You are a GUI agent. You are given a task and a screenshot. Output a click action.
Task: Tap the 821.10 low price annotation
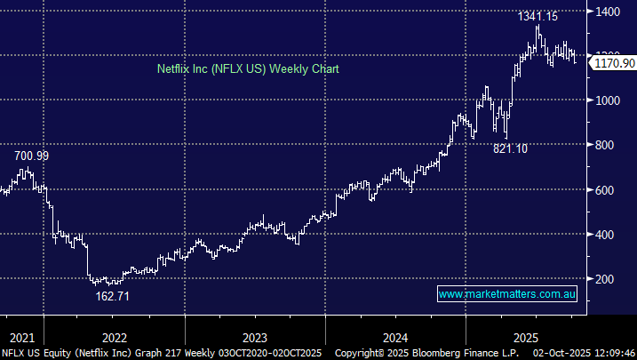[511, 148]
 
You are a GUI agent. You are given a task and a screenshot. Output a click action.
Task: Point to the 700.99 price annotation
[31, 156]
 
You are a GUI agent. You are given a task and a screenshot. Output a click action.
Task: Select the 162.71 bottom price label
[113, 296]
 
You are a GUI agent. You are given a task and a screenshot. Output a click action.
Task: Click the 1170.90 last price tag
[614, 63]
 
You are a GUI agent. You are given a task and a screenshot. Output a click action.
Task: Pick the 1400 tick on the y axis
[609, 12]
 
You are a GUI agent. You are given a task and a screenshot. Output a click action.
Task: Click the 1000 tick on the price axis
[609, 100]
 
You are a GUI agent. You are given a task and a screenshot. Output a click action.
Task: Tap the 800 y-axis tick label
[606, 145]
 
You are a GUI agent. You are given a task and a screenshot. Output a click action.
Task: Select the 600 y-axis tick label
[606, 189]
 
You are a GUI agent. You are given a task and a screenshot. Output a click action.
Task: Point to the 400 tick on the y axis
[606, 235]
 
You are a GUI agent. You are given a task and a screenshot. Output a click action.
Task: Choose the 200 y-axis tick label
[606, 279]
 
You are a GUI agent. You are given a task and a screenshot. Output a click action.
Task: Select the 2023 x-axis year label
[254, 337]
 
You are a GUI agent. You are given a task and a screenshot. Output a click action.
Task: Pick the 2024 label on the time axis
[394, 337]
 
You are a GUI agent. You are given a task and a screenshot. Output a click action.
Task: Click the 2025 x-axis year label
[527, 337]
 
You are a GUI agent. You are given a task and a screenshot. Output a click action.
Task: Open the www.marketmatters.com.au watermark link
[509, 293]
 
